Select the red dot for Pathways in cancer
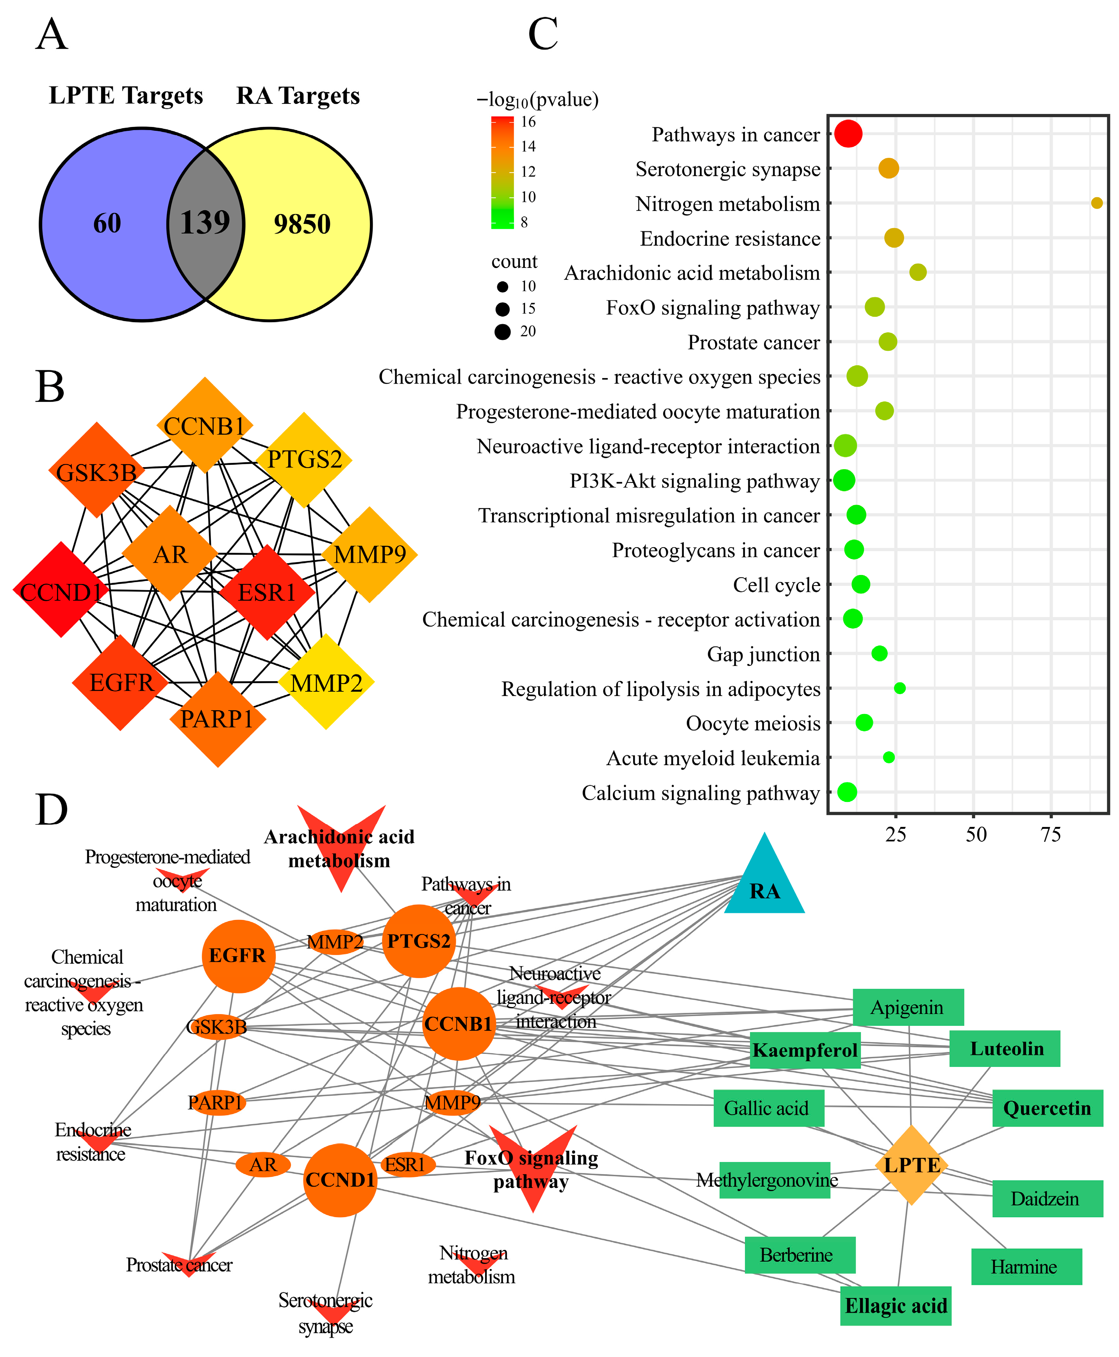pos(848,134)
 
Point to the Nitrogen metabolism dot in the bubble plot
pos(1096,203)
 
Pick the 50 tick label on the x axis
pos(976,835)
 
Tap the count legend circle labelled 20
pos(503,331)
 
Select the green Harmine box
pos(1026,1267)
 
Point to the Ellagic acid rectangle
pos(895,1306)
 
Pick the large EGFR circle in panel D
pos(238,955)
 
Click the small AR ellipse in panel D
pos(263,1164)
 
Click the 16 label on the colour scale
pos(528,122)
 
